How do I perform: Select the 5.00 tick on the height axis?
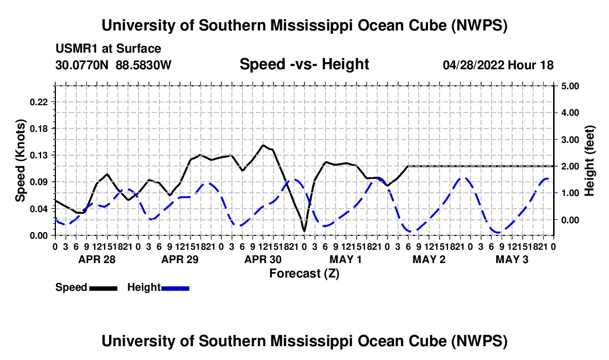pyautogui.click(x=570, y=86)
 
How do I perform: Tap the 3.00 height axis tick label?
pyautogui.click(x=570, y=140)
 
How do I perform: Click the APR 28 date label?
pyautogui.click(x=97, y=259)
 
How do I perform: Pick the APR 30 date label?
pyautogui.click(x=263, y=259)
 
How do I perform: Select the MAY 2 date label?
pyautogui.click(x=429, y=259)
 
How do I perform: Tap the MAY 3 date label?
pyautogui.click(x=512, y=259)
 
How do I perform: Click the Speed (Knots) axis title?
pyautogui.click(x=20, y=161)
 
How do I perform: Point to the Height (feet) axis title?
pyautogui.click(x=589, y=161)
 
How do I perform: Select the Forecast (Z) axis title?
pyautogui.click(x=304, y=274)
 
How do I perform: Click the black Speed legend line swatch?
pyautogui.click(x=104, y=289)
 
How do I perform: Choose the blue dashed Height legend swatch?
pyautogui.click(x=175, y=289)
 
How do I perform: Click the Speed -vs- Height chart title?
pyautogui.click(x=304, y=64)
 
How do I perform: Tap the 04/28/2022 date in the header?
pyautogui.click(x=473, y=65)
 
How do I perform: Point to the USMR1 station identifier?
pyautogui.click(x=77, y=49)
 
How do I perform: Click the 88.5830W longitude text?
pyautogui.click(x=143, y=65)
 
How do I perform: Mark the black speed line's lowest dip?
pyautogui.click(x=304, y=231)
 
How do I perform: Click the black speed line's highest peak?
pyautogui.click(x=263, y=145)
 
